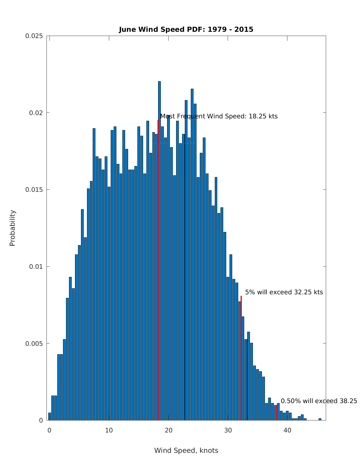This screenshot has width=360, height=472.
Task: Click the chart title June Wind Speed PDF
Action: pyautogui.click(x=186, y=29)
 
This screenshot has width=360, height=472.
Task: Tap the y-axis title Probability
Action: pyautogui.click(x=12, y=228)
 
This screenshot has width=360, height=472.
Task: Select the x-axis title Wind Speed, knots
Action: pyautogui.click(x=186, y=450)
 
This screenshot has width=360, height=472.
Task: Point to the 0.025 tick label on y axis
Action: pyautogui.click(x=34, y=36)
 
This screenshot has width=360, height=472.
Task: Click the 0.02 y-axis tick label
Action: pyautogui.click(x=36, y=113)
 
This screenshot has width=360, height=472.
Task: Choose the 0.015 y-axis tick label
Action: pyautogui.click(x=34, y=190)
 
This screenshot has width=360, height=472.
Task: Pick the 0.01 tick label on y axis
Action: pyautogui.click(x=36, y=266)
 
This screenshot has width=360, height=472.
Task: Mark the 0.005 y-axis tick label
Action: pyautogui.click(x=34, y=343)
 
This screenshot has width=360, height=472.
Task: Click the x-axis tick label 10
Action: pyautogui.click(x=109, y=430)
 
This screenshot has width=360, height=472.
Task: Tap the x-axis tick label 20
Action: pyautogui.click(x=168, y=430)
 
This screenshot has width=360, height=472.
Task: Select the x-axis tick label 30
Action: pyautogui.click(x=228, y=430)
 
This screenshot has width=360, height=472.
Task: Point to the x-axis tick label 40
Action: pyautogui.click(x=287, y=430)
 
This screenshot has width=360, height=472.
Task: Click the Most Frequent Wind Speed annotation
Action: pyautogui.click(x=219, y=116)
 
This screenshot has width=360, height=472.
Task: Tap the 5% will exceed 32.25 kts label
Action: pyautogui.click(x=284, y=292)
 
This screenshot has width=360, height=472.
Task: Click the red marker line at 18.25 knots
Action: pyautogui.click(x=158, y=270)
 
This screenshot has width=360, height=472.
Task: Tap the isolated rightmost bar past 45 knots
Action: pyautogui.click(x=320, y=419)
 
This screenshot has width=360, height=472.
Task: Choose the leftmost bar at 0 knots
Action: pyautogui.click(x=49, y=417)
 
